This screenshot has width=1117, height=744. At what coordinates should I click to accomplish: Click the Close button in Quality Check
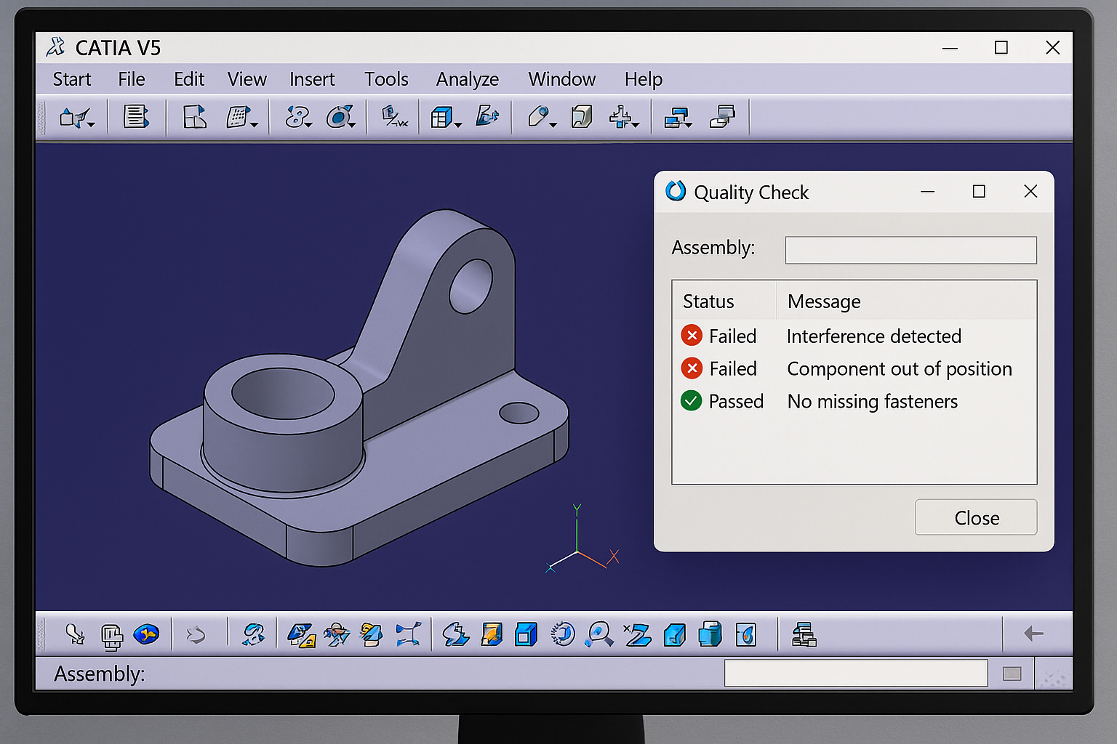976,517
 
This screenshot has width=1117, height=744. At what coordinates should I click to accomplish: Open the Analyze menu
468,79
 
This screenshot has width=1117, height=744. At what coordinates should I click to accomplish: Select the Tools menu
386,79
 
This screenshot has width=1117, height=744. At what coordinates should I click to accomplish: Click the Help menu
643,79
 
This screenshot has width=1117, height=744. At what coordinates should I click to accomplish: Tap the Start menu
72,79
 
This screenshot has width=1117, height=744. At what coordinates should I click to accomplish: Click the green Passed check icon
692,401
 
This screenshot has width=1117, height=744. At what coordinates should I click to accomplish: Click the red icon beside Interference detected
692,336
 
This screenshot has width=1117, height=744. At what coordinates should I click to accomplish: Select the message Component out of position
899,369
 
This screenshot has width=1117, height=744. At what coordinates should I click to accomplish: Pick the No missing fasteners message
872,402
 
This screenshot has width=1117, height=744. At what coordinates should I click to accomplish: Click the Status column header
708,302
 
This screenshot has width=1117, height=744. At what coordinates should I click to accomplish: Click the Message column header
824,302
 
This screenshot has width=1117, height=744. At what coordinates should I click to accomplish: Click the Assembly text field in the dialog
910,250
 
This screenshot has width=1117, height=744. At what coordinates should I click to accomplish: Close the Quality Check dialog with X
1030,191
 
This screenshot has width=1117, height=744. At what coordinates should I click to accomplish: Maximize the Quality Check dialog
979,191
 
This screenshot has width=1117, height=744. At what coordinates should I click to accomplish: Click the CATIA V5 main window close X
1052,48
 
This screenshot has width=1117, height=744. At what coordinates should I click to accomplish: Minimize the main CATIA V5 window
950,48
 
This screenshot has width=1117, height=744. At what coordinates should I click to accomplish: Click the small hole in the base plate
519,413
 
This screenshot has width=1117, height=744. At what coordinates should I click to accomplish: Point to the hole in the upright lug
471,286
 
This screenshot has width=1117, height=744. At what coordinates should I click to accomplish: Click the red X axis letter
614,557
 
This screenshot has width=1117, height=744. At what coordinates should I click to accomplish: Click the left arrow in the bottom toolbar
1033,634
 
